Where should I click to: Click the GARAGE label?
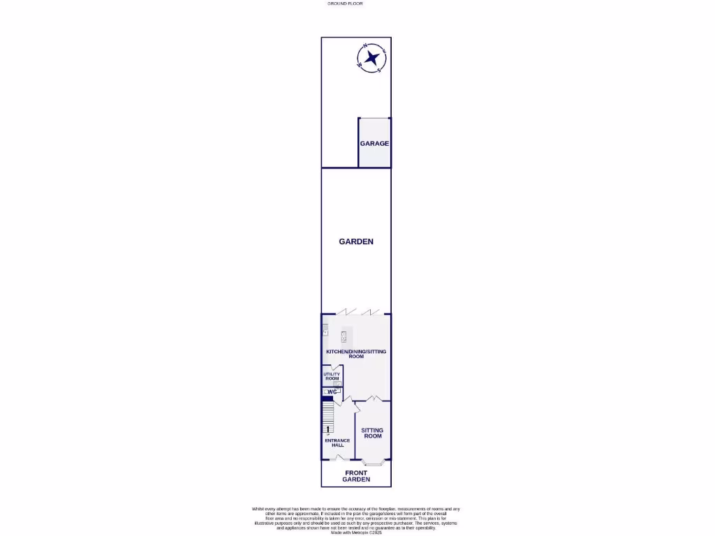tap(374, 144)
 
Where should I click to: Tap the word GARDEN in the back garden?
tap(356, 241)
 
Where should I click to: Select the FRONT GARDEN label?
tap(356, 477)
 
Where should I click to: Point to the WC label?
tap(332, 392)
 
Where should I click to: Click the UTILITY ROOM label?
tap(332, 376)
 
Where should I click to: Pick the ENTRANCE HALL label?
tap(337, 443)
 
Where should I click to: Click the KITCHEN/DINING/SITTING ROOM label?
tap(356, 354)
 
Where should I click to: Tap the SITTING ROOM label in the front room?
tap(373, 433)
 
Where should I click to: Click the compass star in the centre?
tap(371, 58)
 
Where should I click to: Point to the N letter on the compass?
tap(364, 46)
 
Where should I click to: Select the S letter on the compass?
tap(378, 70)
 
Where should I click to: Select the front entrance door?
tap(339, 458)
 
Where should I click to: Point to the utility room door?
tap(336, 368)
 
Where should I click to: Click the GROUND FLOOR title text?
tap(345, 3)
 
